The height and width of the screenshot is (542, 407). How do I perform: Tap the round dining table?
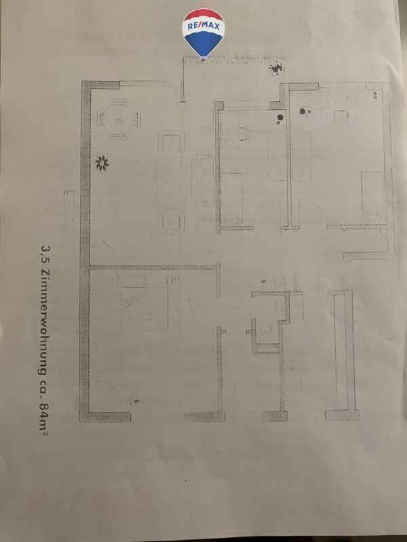pos(119,120)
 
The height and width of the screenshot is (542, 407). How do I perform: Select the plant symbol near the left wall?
pos(102,163)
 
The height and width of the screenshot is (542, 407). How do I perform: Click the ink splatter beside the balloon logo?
pos(277,68)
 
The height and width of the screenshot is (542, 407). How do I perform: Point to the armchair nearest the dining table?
pos(172,142)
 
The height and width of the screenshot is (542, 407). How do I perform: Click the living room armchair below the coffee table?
pos(172,223)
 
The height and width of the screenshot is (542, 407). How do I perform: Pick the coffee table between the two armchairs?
pos(172,182)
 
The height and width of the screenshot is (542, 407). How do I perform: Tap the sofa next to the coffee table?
pos(202,178)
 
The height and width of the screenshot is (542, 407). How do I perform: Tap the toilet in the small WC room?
pos(267,329)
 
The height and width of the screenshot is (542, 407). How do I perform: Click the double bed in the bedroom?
pos(144,303)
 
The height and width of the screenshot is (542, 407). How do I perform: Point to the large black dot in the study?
pos(280,117)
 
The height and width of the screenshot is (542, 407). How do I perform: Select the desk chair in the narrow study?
pos(244,133)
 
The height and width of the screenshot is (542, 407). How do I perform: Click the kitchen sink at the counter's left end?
pos(305,100)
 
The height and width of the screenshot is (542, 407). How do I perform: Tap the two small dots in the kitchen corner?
pos(375,95)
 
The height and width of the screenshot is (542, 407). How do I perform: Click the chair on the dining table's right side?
pos(138,119)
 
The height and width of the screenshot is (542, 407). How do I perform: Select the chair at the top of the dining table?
pos(119,101)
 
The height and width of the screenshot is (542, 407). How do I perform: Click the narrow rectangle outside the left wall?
pos(69,213)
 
